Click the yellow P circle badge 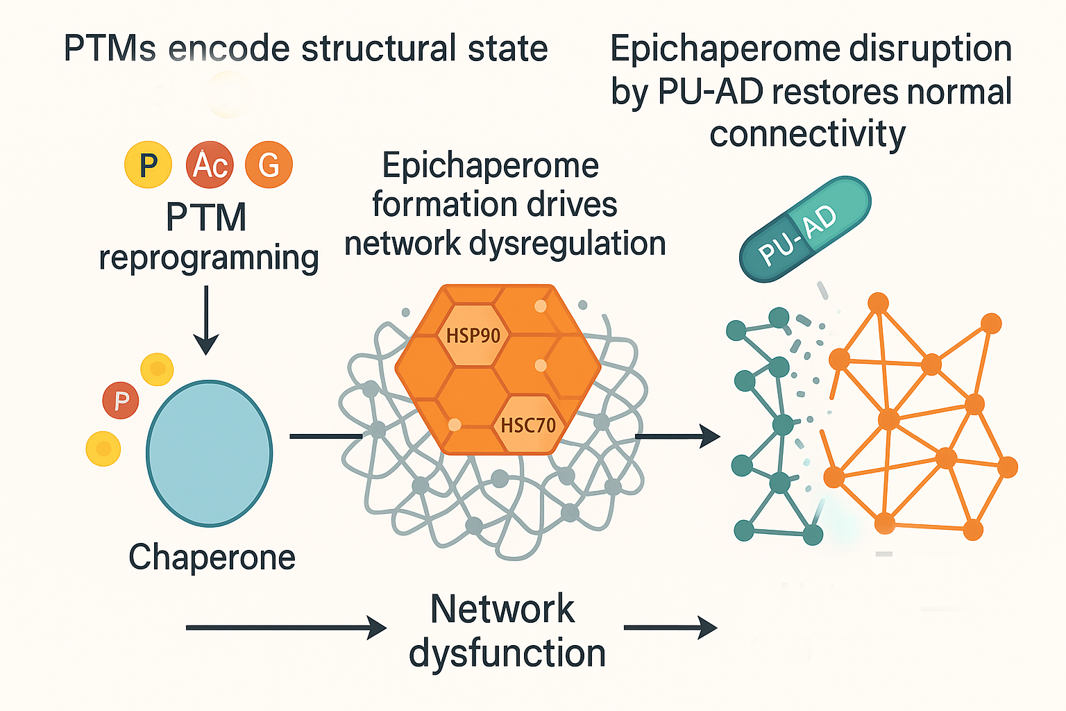coord(148,165)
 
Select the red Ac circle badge coord(210,165)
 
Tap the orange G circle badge coord(269,165)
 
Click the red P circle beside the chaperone coord(121,401)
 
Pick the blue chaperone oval coord(209,453)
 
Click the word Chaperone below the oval coord(212,557)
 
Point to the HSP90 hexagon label coord(473,336)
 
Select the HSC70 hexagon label coord(528,424)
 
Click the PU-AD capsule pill coord(805,229)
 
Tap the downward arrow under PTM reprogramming coord(206,319)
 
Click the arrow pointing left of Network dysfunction coord(286,628)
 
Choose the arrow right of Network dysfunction coord(670,628)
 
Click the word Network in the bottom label coord(502,609)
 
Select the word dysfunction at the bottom coord(507,654)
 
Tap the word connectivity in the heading coord(807,133)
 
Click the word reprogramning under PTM coord(209,258)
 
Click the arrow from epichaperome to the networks coord(677,437)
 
